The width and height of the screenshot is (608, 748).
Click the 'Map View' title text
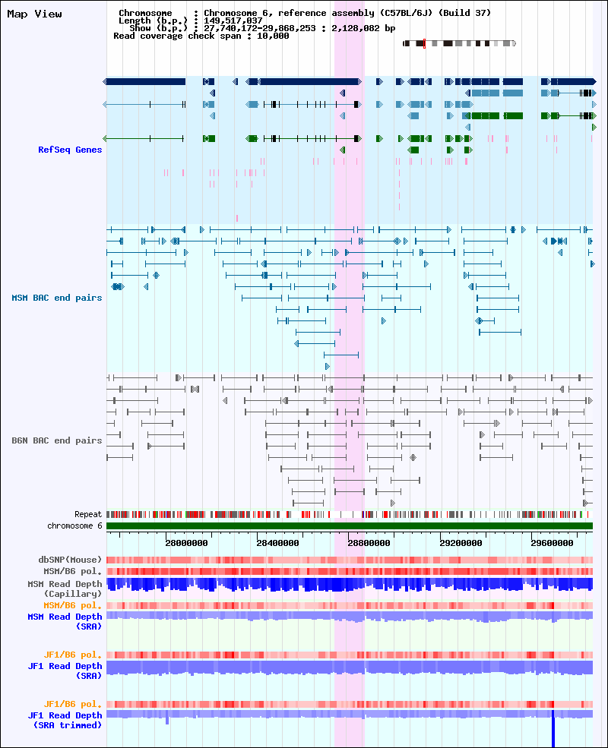[x=34, y=14]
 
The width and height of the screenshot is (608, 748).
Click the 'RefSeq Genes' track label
[x=70, y=150]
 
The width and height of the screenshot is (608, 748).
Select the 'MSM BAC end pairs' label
[x=57, y=298]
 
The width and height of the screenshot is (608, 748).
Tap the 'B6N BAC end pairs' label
[x=57, y=440]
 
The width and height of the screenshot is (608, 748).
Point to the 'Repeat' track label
[x=88, y=514]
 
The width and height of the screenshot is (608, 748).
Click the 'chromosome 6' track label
[x=75, y=525]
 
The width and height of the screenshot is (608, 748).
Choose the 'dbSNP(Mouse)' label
[x=70, y=560]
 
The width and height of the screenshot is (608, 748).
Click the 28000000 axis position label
[x=187, y=543]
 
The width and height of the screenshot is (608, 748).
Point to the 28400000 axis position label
[x=277, y=543]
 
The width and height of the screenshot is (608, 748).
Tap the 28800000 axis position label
[x=369, y=543]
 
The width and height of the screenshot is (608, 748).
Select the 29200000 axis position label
[x=461, y=543]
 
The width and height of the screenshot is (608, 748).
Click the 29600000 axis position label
[x=553, y=543]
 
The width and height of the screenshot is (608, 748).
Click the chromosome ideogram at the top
[x=460, y=43]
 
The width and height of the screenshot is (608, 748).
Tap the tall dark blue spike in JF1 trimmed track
[x=553, y=728]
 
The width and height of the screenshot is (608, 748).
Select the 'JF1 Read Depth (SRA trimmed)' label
[x=65, y=721]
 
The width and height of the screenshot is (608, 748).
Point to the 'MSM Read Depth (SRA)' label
[x=65, y=622]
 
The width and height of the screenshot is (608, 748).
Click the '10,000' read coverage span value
[x=273, y=36]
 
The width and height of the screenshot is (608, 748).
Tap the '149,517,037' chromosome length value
[x=233, y=21]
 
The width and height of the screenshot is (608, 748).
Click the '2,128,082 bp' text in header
[x=363, y=29]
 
